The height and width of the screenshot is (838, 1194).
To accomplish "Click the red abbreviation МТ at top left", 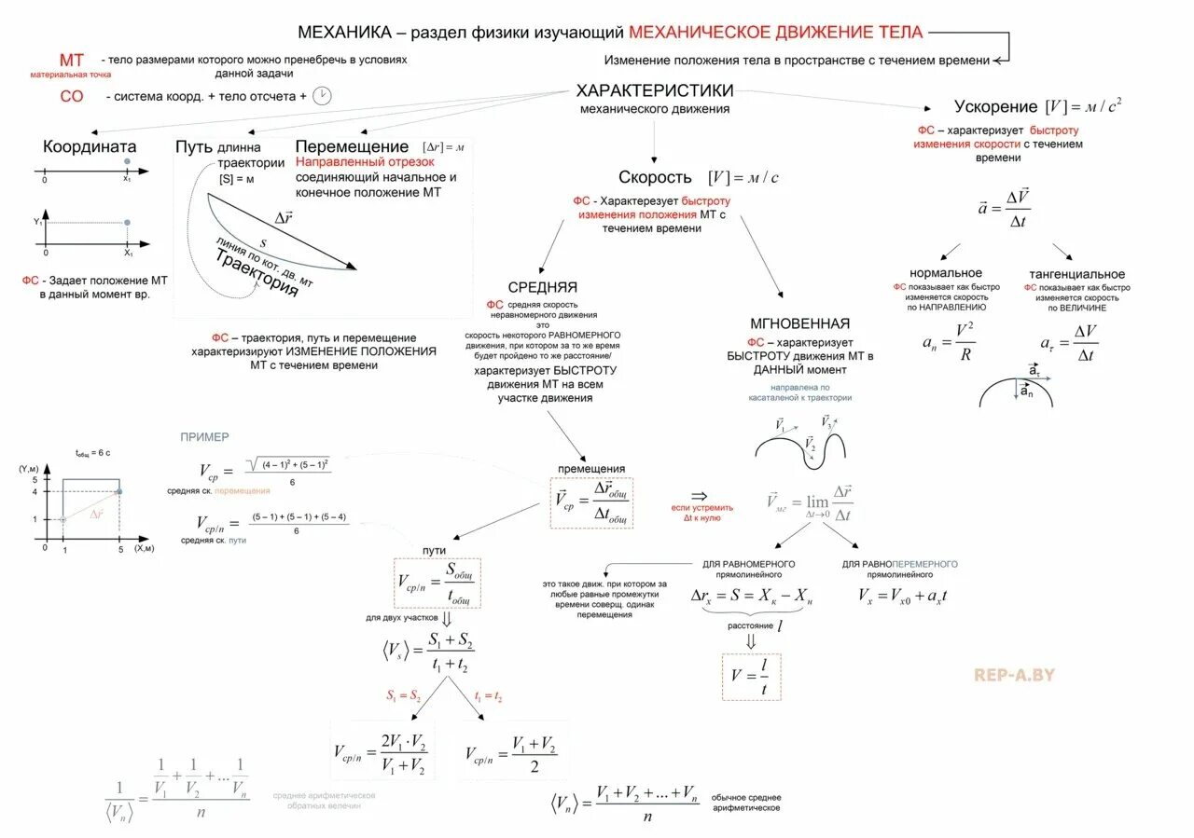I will [71, 61].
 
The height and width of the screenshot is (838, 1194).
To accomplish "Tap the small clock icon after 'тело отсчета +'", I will [322, 96].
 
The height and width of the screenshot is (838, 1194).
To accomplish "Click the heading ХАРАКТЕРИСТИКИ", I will [655, 90].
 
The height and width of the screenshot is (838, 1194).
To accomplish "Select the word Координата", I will [90, 146].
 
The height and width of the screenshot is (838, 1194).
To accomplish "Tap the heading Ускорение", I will [995, 106].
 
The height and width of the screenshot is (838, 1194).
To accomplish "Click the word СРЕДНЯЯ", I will [542, 287].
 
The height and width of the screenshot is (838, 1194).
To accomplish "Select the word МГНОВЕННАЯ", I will [799, 323].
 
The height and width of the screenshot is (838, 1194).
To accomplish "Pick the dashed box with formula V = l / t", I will [750, 677].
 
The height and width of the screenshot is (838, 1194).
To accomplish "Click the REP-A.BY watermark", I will [1014, 674].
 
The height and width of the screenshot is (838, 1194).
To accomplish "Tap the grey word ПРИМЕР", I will [204, 436].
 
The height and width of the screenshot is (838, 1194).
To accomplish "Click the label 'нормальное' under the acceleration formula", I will [946, 273].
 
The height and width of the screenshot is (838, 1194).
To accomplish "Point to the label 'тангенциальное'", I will [1076, 274].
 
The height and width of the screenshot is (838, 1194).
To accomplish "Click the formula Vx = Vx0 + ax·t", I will [903, 596].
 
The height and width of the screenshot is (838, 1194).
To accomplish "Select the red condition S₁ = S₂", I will [404, 696].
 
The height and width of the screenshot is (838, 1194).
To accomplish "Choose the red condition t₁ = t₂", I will [488, 696].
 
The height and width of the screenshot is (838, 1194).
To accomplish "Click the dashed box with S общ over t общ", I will [437, 583].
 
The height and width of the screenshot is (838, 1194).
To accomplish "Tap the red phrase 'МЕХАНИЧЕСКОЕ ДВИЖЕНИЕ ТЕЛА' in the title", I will [775, 33].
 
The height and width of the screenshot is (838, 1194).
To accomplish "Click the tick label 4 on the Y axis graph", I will [34, 490].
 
